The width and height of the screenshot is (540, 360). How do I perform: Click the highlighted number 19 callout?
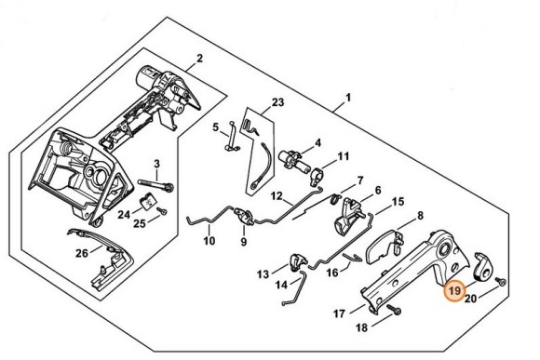point(453,291)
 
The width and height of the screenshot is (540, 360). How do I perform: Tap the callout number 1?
point(348,98)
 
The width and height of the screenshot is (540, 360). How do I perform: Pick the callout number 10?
point(209,241)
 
